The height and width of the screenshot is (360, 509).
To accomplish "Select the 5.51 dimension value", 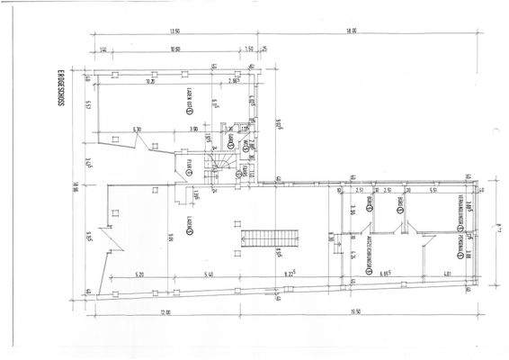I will pos(433,190).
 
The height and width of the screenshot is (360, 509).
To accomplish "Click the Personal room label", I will pos(459,247).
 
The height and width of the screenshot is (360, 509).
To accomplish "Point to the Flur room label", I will pos(189,166).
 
